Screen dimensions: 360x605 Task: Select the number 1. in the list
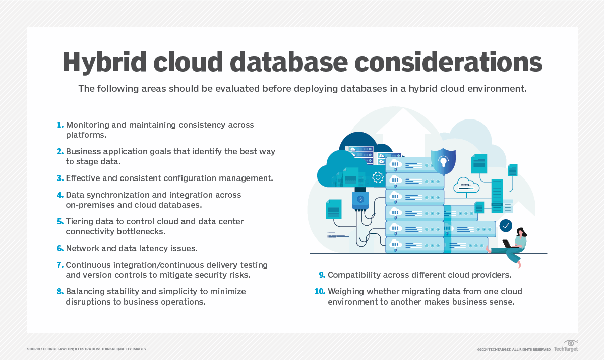pyautogui.click(x=60, y=125)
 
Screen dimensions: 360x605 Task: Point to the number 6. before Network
pyautogui.click(x=60, y=248)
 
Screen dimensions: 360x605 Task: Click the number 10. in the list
pyautogui.click(x=319, y=291)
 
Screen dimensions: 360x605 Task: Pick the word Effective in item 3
pyautogui.click(x=83, y=178)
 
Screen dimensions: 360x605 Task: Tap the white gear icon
pyautogui.click(x=377, y=177)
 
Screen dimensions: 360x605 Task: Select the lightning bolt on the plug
pyautogui.click(x=360, y=199)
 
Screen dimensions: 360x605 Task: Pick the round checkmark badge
pyautogui.click(x=506, y=225)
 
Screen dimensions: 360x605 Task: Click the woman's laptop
pyautogui.click(x=507, y=244)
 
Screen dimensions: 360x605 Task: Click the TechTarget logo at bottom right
pyautogui.click(x=566, y=346)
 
